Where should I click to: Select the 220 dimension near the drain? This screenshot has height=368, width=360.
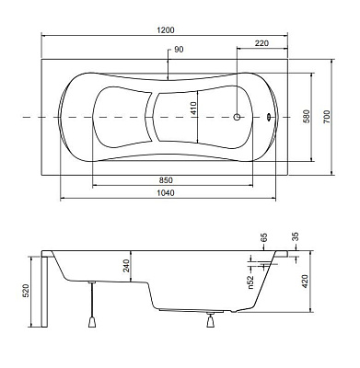pos(261,42)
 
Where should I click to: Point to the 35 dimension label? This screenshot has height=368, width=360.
pos(295,236)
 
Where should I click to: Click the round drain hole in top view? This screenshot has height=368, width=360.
pos(237,118)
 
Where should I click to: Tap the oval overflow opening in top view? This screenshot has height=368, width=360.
pos(270,118)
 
